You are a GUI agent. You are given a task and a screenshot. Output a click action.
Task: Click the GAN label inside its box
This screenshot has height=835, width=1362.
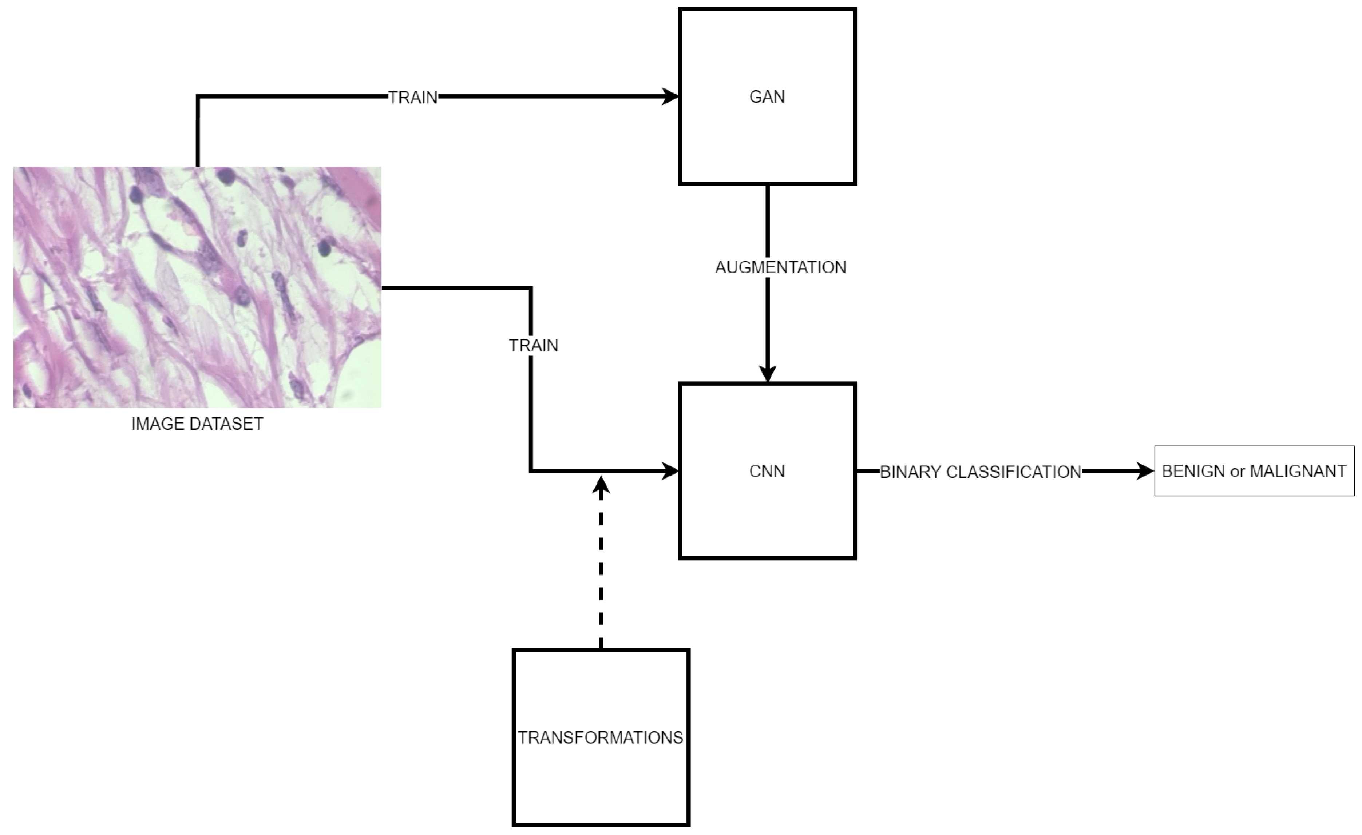point(767,97)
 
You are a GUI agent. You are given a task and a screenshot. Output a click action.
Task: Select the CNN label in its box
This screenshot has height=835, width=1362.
point(767,472)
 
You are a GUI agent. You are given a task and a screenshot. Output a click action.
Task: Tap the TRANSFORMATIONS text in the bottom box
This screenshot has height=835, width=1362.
point(600,738)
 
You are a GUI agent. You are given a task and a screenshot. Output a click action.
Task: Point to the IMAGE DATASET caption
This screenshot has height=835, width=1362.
point(197,424)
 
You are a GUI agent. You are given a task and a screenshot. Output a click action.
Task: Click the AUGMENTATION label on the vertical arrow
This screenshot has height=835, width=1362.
point(780,267)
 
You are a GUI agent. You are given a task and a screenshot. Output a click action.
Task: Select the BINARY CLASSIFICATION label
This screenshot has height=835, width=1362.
point(980,472)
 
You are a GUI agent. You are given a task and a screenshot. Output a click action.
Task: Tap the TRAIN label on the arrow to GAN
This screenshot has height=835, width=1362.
point(412,97)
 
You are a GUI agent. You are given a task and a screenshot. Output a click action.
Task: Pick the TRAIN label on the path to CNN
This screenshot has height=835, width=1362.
point(533,345)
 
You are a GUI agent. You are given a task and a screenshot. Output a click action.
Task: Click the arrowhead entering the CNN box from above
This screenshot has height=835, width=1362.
point(767,374)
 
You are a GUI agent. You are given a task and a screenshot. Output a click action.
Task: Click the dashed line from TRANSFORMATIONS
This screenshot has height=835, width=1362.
point(601,569)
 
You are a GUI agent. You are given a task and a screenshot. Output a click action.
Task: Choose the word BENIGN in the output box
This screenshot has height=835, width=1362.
point(1193,472)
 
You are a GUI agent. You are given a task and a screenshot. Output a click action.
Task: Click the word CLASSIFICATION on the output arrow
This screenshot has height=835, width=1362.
point(1013,472)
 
